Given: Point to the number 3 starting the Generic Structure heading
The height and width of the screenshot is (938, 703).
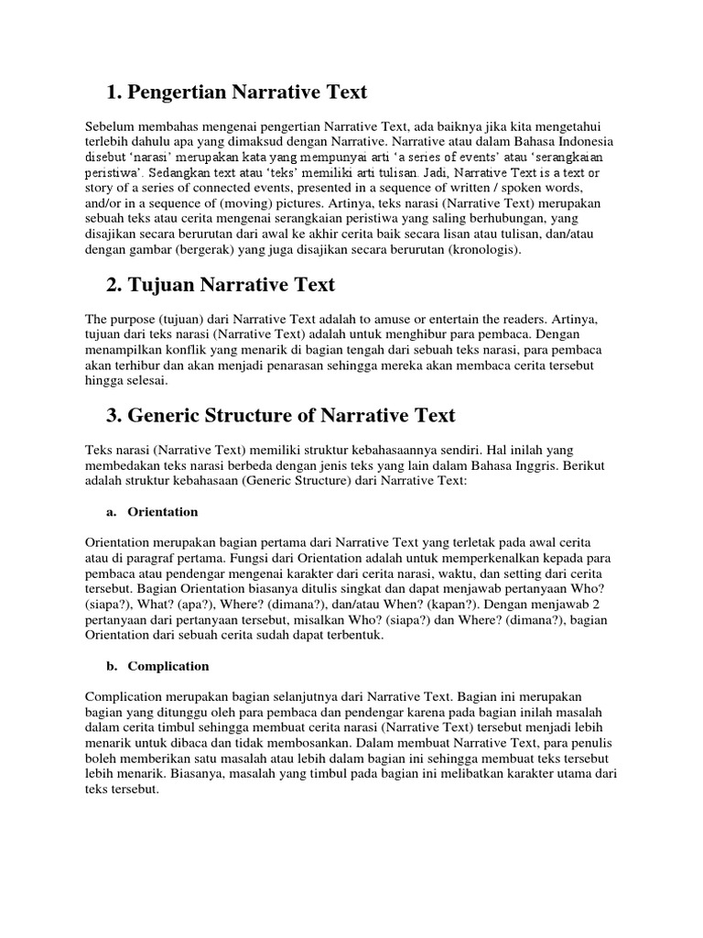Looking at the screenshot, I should point(114,415).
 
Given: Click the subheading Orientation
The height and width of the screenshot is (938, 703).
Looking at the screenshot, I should point(163,511).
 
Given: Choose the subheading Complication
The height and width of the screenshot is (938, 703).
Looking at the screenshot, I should point(168,666).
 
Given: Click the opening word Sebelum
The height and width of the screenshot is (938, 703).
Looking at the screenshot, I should point(109,125).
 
